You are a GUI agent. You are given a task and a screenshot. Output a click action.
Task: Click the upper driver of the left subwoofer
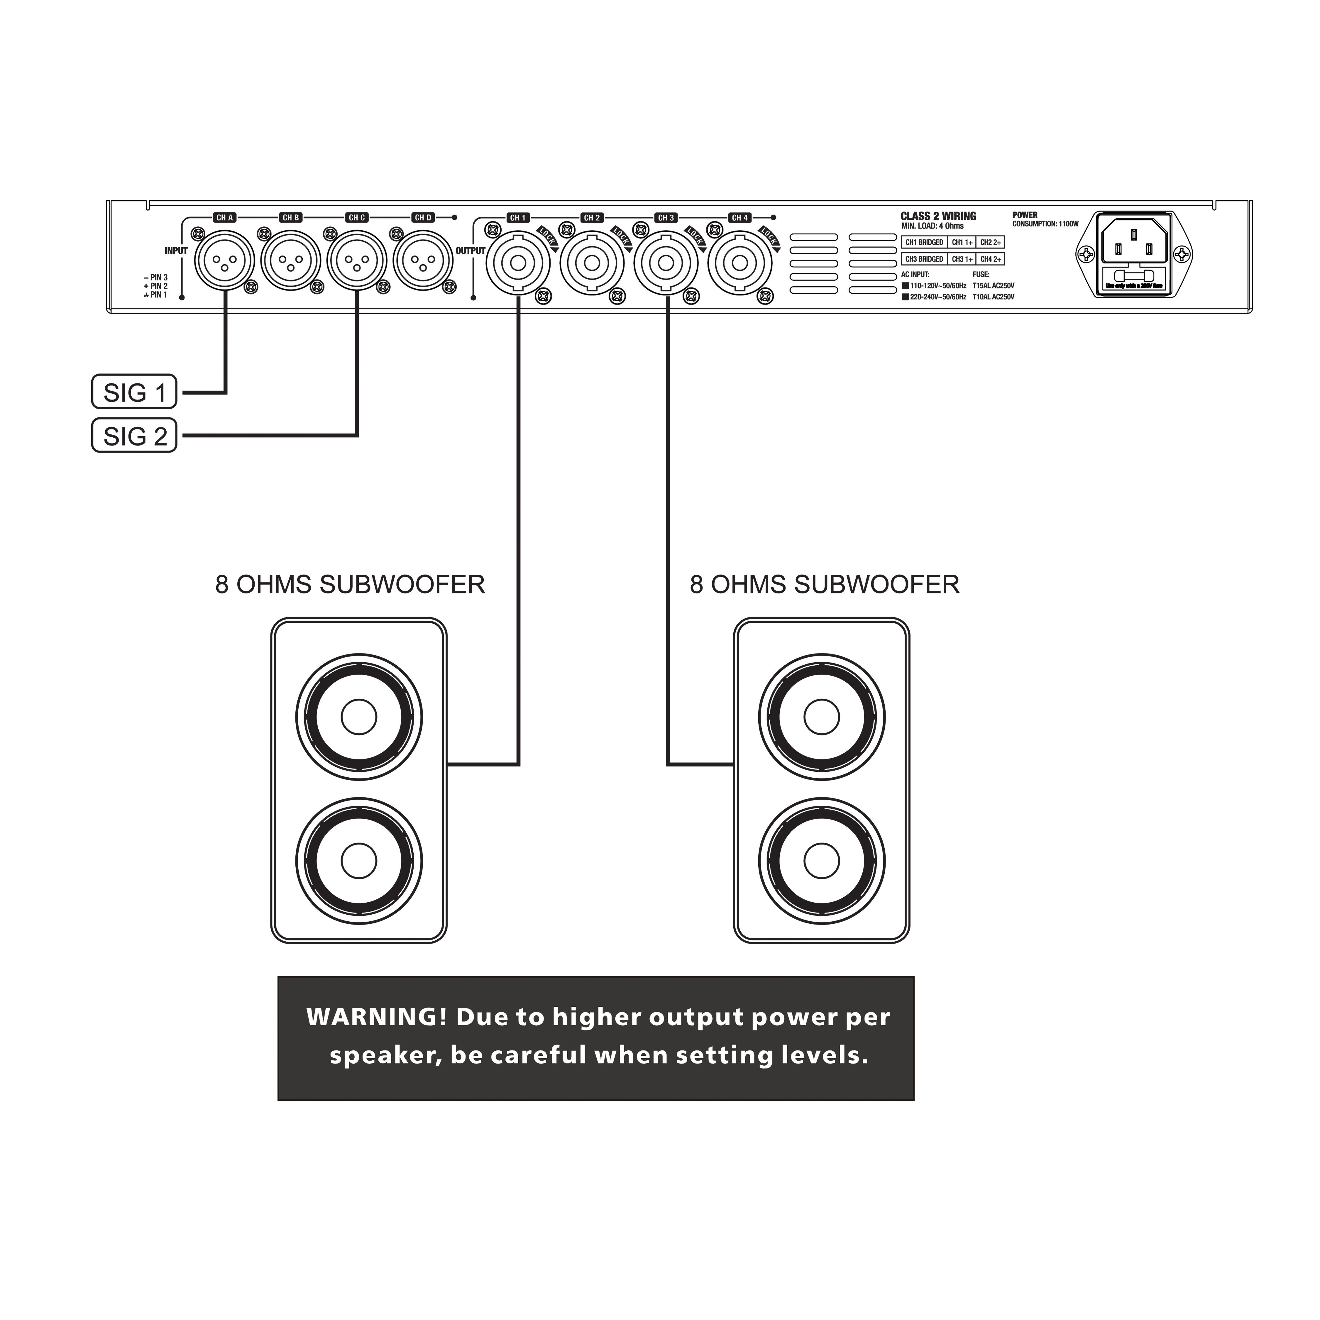coord(359,717)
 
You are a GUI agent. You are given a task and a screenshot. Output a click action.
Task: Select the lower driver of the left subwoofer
coord(359,860)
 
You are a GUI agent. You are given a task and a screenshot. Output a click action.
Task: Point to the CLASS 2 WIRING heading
coord(938,216)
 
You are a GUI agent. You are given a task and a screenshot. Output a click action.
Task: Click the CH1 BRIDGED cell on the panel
coord(924,243)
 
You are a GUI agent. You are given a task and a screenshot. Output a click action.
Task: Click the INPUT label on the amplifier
coord(176,251)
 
